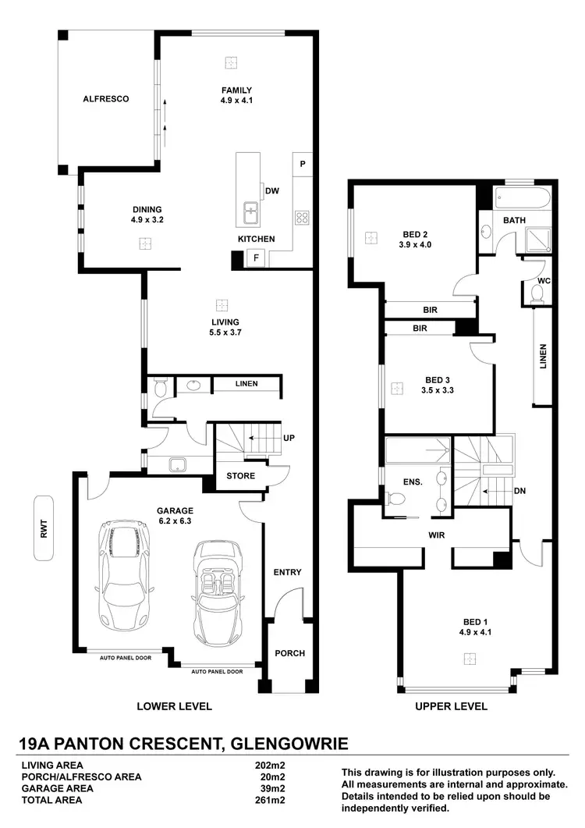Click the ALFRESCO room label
pos(105,99)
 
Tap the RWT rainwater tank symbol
pos(44,529)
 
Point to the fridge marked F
pos(256,258)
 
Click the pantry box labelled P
pos(303,165)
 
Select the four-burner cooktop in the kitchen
pos(302,218)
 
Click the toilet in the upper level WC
pos(536,293)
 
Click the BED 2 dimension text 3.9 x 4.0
pos(416,244)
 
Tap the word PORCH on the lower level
pos(290,653)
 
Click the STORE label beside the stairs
pos(235,475)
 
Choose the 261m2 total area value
pos(271,800)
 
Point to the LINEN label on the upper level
pos(543,356)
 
